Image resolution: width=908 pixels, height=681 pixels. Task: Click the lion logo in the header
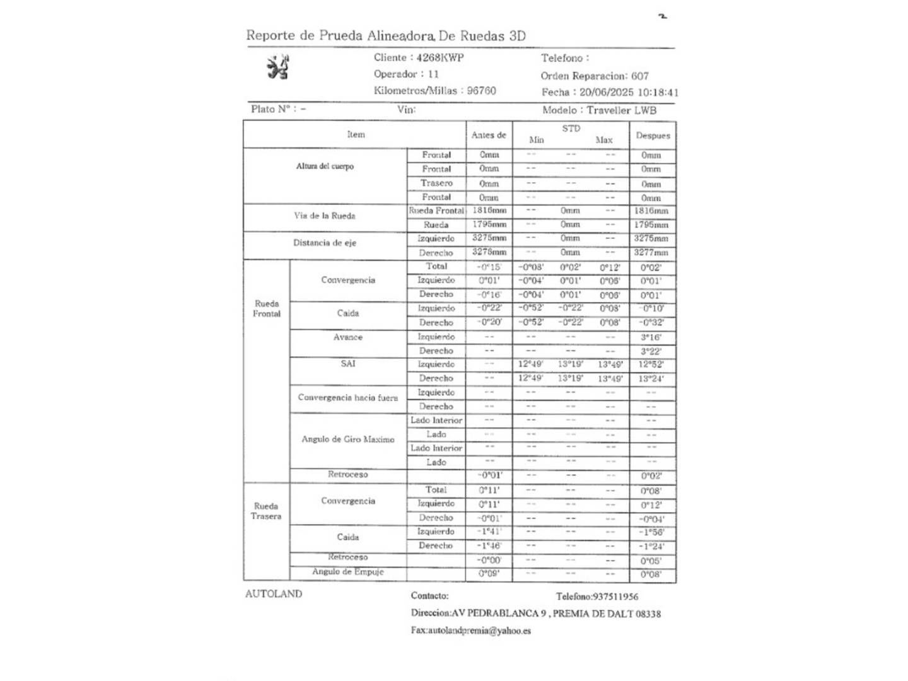277,67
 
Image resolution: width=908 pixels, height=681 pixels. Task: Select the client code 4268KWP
439,57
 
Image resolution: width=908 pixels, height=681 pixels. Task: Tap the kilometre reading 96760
481,91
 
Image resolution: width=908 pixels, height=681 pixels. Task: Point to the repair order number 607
639,76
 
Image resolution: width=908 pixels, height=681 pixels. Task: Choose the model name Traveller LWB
621,110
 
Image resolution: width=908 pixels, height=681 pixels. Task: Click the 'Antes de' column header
489,135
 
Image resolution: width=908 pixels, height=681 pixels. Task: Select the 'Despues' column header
653,136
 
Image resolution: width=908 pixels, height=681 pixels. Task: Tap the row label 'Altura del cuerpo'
325,166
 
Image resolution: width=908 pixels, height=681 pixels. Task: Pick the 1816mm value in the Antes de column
489,211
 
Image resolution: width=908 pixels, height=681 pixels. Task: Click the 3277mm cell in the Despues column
651,253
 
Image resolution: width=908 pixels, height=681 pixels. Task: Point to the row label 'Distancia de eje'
324,243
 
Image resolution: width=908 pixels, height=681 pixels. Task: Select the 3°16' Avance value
651,337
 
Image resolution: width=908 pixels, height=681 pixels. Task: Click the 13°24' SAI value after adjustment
651,379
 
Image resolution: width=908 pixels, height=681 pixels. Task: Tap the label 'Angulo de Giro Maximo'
347,439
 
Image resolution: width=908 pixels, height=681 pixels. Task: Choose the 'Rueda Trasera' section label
266,511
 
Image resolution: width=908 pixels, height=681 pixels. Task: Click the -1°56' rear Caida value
651,533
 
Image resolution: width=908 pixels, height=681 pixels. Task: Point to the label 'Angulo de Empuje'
347,572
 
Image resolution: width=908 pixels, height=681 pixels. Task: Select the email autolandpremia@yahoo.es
479,631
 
